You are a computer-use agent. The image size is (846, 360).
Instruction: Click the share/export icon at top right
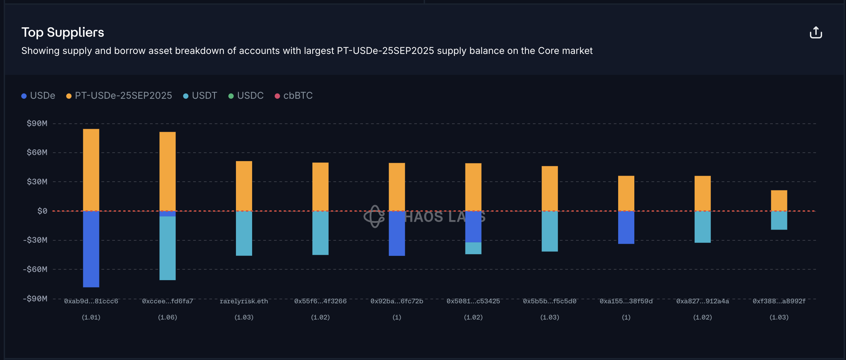(x=816, y=33)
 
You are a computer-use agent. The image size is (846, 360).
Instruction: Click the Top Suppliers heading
(x=63, y=32)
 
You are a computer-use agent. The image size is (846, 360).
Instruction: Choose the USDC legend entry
(x=246, y=96)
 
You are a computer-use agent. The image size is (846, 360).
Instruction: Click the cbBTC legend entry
(x=294, y=96)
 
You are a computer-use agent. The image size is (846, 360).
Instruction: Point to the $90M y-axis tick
(x=37, y=123)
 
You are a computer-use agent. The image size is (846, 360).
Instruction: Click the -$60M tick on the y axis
(x=35, y=269)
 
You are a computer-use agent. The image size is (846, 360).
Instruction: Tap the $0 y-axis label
(x=42, y=211)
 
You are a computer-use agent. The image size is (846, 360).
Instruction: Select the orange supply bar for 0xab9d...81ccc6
(x=91, y=170)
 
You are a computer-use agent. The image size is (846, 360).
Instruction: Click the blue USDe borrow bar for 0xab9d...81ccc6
(x=91, y=249)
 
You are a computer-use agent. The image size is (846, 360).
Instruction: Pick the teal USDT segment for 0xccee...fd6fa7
(x=168, y=248)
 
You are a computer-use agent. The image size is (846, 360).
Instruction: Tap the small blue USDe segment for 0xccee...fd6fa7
(x=168, y=214)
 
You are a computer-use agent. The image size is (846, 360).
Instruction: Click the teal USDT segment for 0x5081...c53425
(x=473, y=248)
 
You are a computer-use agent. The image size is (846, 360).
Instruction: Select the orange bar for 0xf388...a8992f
(x=779, y=201)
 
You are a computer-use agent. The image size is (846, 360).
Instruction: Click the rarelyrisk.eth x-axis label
(x=244, y=301)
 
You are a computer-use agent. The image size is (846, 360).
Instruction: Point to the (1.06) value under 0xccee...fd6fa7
(x=168, y=317)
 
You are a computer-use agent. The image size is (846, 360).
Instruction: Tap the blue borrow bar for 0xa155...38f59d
(x=626, y=227)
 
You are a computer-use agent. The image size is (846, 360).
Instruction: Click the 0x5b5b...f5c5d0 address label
(x=549, y=301)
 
